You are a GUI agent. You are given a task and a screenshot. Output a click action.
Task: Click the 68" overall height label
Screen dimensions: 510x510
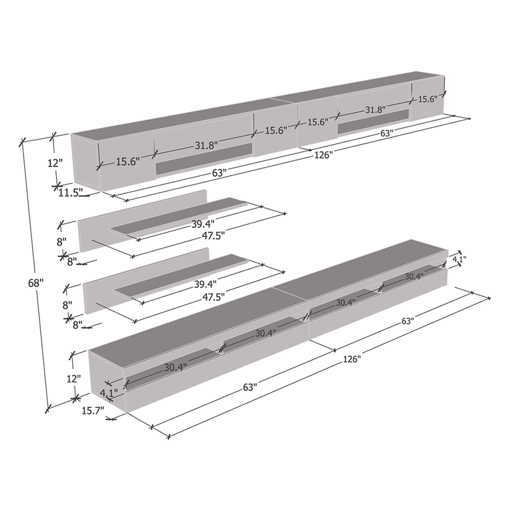click(36, 283)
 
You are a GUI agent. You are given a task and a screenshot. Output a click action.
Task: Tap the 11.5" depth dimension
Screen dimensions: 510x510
click(69, 193)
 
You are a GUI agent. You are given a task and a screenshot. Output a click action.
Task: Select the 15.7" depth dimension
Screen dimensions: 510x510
click(92, 411)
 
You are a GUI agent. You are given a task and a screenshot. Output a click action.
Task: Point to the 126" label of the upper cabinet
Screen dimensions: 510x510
click(324, 155)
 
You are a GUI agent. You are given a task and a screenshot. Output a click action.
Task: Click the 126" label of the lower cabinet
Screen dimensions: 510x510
click(352, 359)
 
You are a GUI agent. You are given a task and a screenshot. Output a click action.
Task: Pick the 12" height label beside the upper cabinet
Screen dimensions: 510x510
click(55, 163)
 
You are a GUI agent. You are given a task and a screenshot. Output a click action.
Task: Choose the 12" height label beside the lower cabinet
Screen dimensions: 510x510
click(74, 379)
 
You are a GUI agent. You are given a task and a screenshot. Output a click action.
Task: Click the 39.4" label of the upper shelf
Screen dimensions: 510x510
click(203, 224)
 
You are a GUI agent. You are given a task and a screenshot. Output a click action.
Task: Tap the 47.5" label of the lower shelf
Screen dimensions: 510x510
click(214, 297)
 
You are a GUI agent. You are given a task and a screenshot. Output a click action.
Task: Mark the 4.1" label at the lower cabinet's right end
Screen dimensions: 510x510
click(460, 259)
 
